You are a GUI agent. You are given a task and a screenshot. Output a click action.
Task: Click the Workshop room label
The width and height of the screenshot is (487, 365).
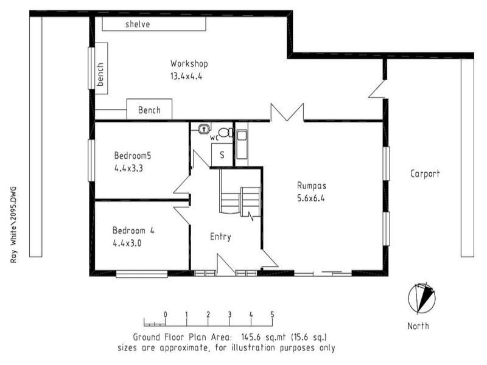click(x=189, y=64)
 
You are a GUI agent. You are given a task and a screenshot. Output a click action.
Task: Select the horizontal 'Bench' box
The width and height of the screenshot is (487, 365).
click(x=149, y=110)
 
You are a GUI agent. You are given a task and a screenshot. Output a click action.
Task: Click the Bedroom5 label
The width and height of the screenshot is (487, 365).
click(x=132, y=155)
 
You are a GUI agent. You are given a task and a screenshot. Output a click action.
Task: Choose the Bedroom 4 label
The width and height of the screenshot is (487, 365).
click(x=133, y=231)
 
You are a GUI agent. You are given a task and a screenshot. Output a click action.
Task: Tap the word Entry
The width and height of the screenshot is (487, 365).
click(x=220, y=237)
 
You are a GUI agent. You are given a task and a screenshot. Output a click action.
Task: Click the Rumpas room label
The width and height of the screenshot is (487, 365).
click(x=310, y=186)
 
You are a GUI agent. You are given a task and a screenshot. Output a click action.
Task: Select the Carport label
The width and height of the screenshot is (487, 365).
click(x=424, y=174)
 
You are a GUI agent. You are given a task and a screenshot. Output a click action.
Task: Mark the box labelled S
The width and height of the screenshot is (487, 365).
click(x=222, y=155)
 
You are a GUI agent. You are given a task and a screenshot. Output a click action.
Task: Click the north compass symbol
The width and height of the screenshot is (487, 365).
click(x=422, y=299)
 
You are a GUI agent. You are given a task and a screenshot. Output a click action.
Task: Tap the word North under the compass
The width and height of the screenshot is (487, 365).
click(x=418, y=326)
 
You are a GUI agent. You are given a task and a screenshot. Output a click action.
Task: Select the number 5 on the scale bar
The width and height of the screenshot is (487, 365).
click(x=272, y=315)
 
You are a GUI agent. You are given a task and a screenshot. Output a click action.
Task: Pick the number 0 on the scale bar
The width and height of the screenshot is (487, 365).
click(x=166, y=315)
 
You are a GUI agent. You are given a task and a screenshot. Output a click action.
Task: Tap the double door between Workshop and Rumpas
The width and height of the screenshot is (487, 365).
click(x=287, y=113)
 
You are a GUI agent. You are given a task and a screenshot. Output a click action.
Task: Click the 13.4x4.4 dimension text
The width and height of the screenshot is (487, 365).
click(x=186, y=77)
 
